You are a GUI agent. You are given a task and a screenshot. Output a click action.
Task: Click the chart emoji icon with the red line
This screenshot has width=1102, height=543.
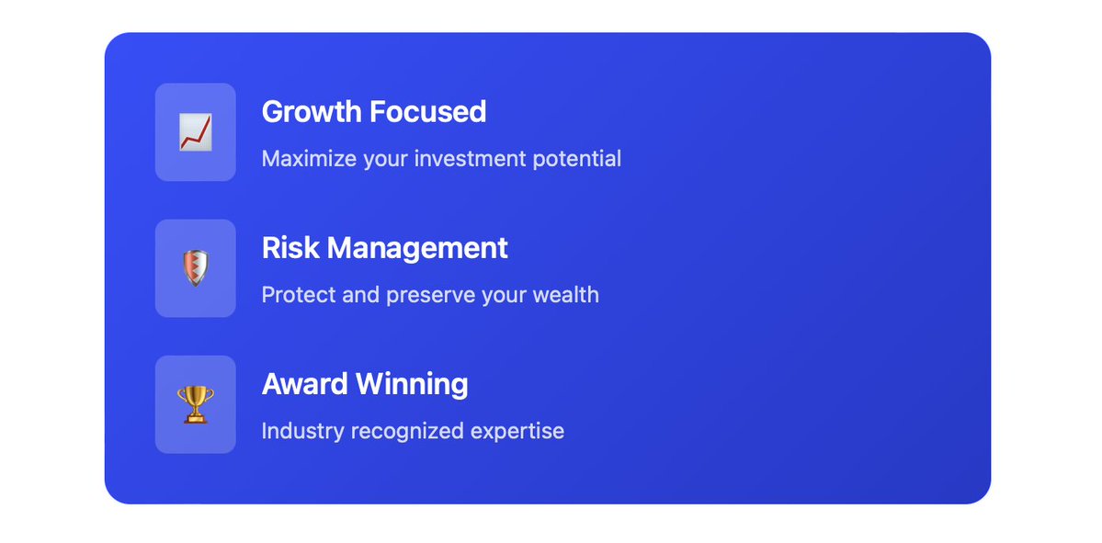coord(195,132)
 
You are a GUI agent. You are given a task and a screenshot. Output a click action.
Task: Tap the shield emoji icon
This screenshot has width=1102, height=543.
coord(195,268)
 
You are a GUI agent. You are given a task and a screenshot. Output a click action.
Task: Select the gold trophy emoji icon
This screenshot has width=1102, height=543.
coord(195,404)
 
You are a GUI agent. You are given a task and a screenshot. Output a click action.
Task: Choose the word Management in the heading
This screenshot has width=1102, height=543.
coord(417,248)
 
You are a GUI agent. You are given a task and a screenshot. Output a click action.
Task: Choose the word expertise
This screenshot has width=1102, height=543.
coord(521,431)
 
